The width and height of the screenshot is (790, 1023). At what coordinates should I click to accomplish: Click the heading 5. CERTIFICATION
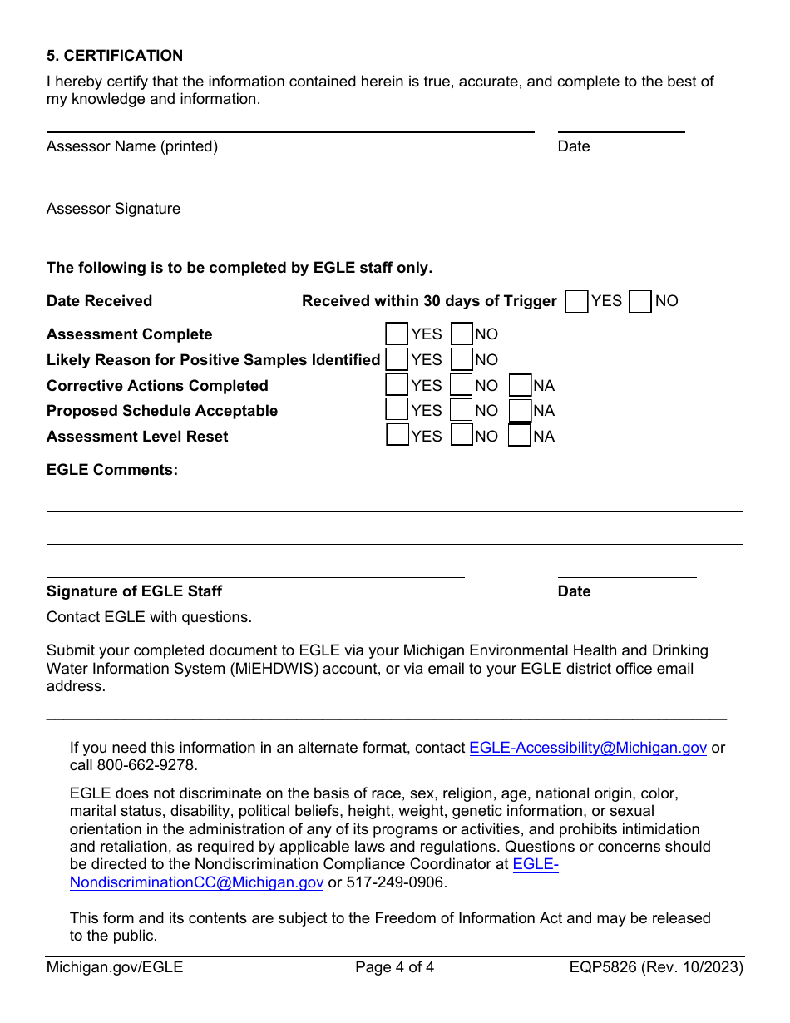pyautogui.click(x=115, y=56)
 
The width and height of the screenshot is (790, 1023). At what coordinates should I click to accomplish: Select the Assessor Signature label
pyautogui.click(x=113, y=209)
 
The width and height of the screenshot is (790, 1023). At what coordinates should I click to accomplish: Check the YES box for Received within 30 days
pyautogui.click(x=576, y=302)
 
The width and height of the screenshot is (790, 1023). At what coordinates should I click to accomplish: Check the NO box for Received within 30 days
pyautogui.click(x=640, y=302)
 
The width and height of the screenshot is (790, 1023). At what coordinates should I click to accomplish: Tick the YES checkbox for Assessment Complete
pyautogui.click(x=397, y=334)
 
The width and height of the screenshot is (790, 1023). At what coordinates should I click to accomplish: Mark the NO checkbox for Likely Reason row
pyautogui.click(x=462, y=360)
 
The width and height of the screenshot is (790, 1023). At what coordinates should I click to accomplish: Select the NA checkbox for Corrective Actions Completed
pyautogui.click(x=520, y=386)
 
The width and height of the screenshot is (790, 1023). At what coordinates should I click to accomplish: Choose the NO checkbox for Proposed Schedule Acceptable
pyautogui.click(x=462, y=411)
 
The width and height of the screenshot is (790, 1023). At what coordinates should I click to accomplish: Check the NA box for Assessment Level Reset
pyautogui.click(x=520, y=437)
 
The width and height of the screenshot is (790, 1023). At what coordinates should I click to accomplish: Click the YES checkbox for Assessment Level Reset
pyautogui.click(x=397, y=437)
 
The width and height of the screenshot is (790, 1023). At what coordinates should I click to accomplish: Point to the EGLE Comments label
pyautogui.click(x=112, y=470)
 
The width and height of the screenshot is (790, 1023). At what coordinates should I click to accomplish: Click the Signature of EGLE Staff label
pyautogui.click(x=134, y=591)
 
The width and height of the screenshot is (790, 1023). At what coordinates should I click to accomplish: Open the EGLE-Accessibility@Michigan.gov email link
pyautogui.click(x=588, y=748)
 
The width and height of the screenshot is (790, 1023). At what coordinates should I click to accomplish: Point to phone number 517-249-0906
pyautogui.click(x=396, y=882)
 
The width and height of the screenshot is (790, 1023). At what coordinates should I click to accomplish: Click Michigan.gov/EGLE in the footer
pyautogui.click(x=115, y=967)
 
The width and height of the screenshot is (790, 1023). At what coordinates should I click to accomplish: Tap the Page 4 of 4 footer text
pyautogui.click(x=394, y=967)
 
